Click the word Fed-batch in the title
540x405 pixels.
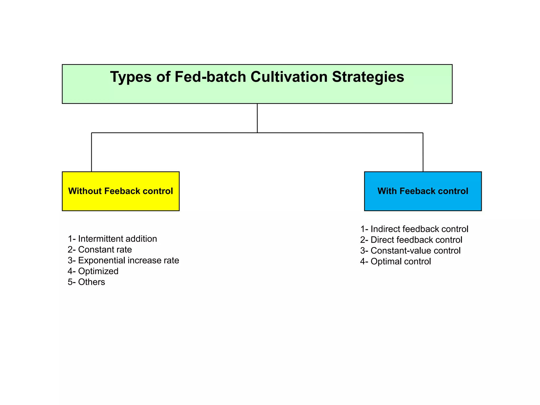click(x=210, y=77)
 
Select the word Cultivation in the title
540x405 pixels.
click(x=289, y=77)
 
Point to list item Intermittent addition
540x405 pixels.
click(x=112, y=239)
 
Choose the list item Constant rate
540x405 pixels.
click(x=100, y=250)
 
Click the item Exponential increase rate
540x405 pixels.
click(x=123, y=261)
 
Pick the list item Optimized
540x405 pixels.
click(x=93, y=271)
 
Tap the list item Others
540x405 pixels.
click(x=86, y=282)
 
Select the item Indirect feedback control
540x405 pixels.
click(x=414, y=229)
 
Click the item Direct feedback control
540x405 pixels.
click(x=411, y=240)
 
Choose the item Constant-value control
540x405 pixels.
click(x=410, y=251)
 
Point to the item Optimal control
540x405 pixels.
click(x=396, y=262)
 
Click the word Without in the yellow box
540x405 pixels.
click(x=85, y=191)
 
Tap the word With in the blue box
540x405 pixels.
click(x=387, y=191)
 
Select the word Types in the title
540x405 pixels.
click(x=131, y=77)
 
